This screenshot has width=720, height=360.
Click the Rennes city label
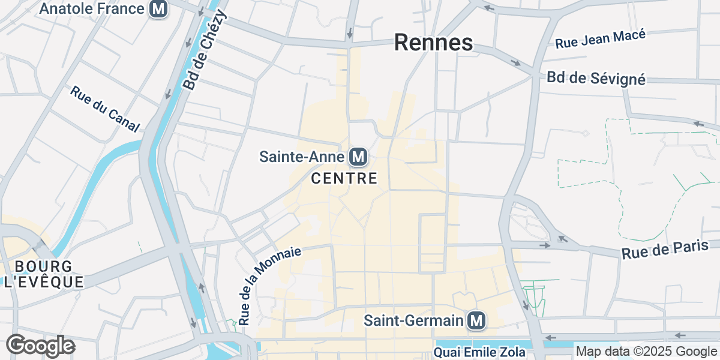click(x=433, y=43)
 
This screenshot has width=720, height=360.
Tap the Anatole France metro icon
click(x=158, y=9)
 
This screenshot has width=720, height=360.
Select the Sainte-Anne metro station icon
click(x=358, y=157)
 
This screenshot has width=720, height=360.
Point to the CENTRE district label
click(x=344, y=178)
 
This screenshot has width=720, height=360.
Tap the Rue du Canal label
click(x=105, y=109)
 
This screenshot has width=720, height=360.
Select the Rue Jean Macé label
click(x=600, y=39)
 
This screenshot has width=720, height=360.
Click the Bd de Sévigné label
click(x=596, y=79)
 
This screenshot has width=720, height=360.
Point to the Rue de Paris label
click(x=665, y=250)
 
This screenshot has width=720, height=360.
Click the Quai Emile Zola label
click(x=479, y=351)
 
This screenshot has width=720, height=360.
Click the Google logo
click(x=40, y=346)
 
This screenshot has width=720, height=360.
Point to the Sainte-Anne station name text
click(x=302, y=157)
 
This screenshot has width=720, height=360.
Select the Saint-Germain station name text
click(x=414, y=320)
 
